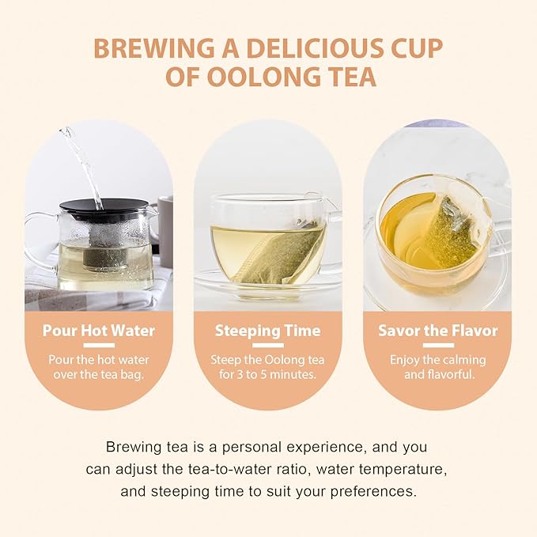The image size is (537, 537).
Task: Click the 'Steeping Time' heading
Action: coord(267,331)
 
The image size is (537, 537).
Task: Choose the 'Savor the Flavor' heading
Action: coord(437,331)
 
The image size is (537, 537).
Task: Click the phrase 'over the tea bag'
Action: coord(98,374)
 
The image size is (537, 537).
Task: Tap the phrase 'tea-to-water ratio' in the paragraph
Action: coord(236,468)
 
